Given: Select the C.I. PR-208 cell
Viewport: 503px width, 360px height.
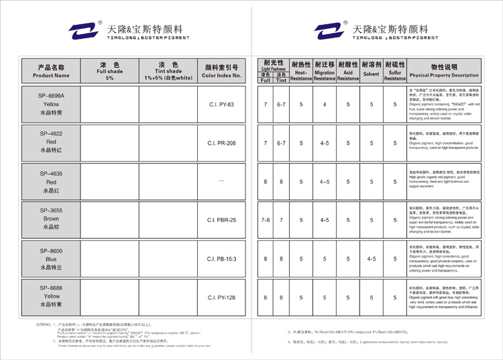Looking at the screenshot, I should tap(221, 143).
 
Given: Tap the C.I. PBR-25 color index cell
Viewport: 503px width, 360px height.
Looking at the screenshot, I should tap(221, 220).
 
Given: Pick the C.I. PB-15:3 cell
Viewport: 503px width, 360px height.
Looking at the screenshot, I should tap(221, 258).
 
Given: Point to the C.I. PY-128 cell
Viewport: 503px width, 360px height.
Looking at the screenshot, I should tap(221, 297).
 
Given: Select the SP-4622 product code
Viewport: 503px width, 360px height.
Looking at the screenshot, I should tap(51, 134).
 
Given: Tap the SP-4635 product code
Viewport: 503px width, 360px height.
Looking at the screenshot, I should tap(51, 173).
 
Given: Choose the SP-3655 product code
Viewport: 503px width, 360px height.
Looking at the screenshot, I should tap(51, 211).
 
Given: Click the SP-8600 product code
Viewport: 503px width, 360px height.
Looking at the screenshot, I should tap(51, 250).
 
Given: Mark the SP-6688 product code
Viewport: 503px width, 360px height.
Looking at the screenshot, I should tap(51, 288).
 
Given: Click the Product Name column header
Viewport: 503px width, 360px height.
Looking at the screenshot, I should tap(51, 71).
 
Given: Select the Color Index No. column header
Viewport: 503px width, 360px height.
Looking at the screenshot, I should tap(221, 71).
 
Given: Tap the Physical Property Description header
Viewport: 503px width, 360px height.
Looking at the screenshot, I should tap(444, 71).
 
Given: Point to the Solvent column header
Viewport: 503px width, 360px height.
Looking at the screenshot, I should tap(371, 71).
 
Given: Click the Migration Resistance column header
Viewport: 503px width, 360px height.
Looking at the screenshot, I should tap(325, 71).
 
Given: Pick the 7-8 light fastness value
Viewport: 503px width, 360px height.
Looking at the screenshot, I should tap(266, 220).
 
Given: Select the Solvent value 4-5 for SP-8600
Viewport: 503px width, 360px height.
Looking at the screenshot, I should tap(371, 258).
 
